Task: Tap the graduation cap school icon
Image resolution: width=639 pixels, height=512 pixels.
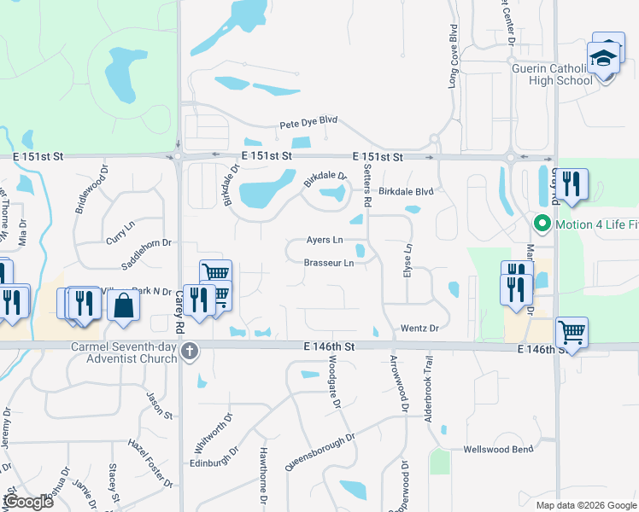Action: point(605,59)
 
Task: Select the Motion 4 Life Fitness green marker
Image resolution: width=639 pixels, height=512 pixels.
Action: point(541,224)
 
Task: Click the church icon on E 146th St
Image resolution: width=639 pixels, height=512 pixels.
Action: point(190,350)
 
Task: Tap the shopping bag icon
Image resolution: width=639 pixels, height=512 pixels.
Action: point(124,305)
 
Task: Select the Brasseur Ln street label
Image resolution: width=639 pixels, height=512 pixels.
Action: point(329,263)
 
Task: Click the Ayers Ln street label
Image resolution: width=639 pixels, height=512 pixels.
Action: point(325,240)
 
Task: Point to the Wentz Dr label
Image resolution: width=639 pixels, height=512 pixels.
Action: point(419,328)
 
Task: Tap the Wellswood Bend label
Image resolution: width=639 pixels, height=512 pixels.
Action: point(497,449)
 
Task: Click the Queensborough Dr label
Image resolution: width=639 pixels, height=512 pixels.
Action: point(319,451)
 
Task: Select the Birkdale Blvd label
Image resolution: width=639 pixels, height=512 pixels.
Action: point(407,192)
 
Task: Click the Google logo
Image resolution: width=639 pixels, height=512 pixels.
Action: point(28,501)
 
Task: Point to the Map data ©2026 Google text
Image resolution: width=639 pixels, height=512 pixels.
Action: point(585,504)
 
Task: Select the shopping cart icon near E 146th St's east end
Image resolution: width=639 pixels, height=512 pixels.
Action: point(571,331)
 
